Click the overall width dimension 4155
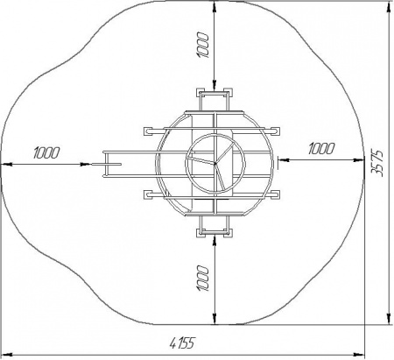(182, 342)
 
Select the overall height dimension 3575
(377, 164)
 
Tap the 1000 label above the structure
(203, 46)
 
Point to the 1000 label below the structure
(203, 279)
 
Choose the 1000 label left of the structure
(46, 152)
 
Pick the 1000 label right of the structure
(321, 149)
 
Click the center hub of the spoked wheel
(215, 164)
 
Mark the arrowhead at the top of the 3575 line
(389, 6)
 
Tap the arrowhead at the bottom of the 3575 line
(389, 318)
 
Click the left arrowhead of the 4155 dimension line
(7, 355)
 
